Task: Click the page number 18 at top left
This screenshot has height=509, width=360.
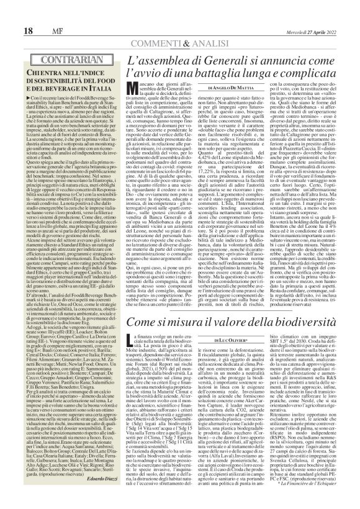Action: click(12, 12)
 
